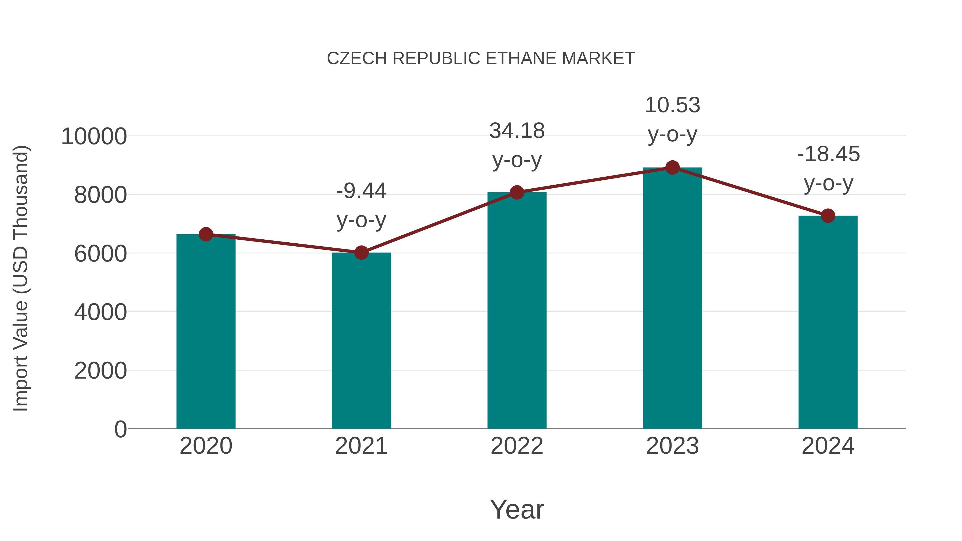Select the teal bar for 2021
(x=361, y=341)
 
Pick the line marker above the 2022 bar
(x=517, y=192)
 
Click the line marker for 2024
(x=828, y=215)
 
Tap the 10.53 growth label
(x=672, y=119)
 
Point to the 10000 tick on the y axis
(x=94, y=136)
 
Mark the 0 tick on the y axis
(x=120, y=429)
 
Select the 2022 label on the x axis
(x=517, y=446)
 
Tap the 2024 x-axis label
(x=828, y=446)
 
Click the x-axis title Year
(x=517, y=509)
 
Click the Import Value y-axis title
(x=21, y=278)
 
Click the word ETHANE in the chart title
(x=521, y=59)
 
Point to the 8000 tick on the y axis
(x=100, y=195)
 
